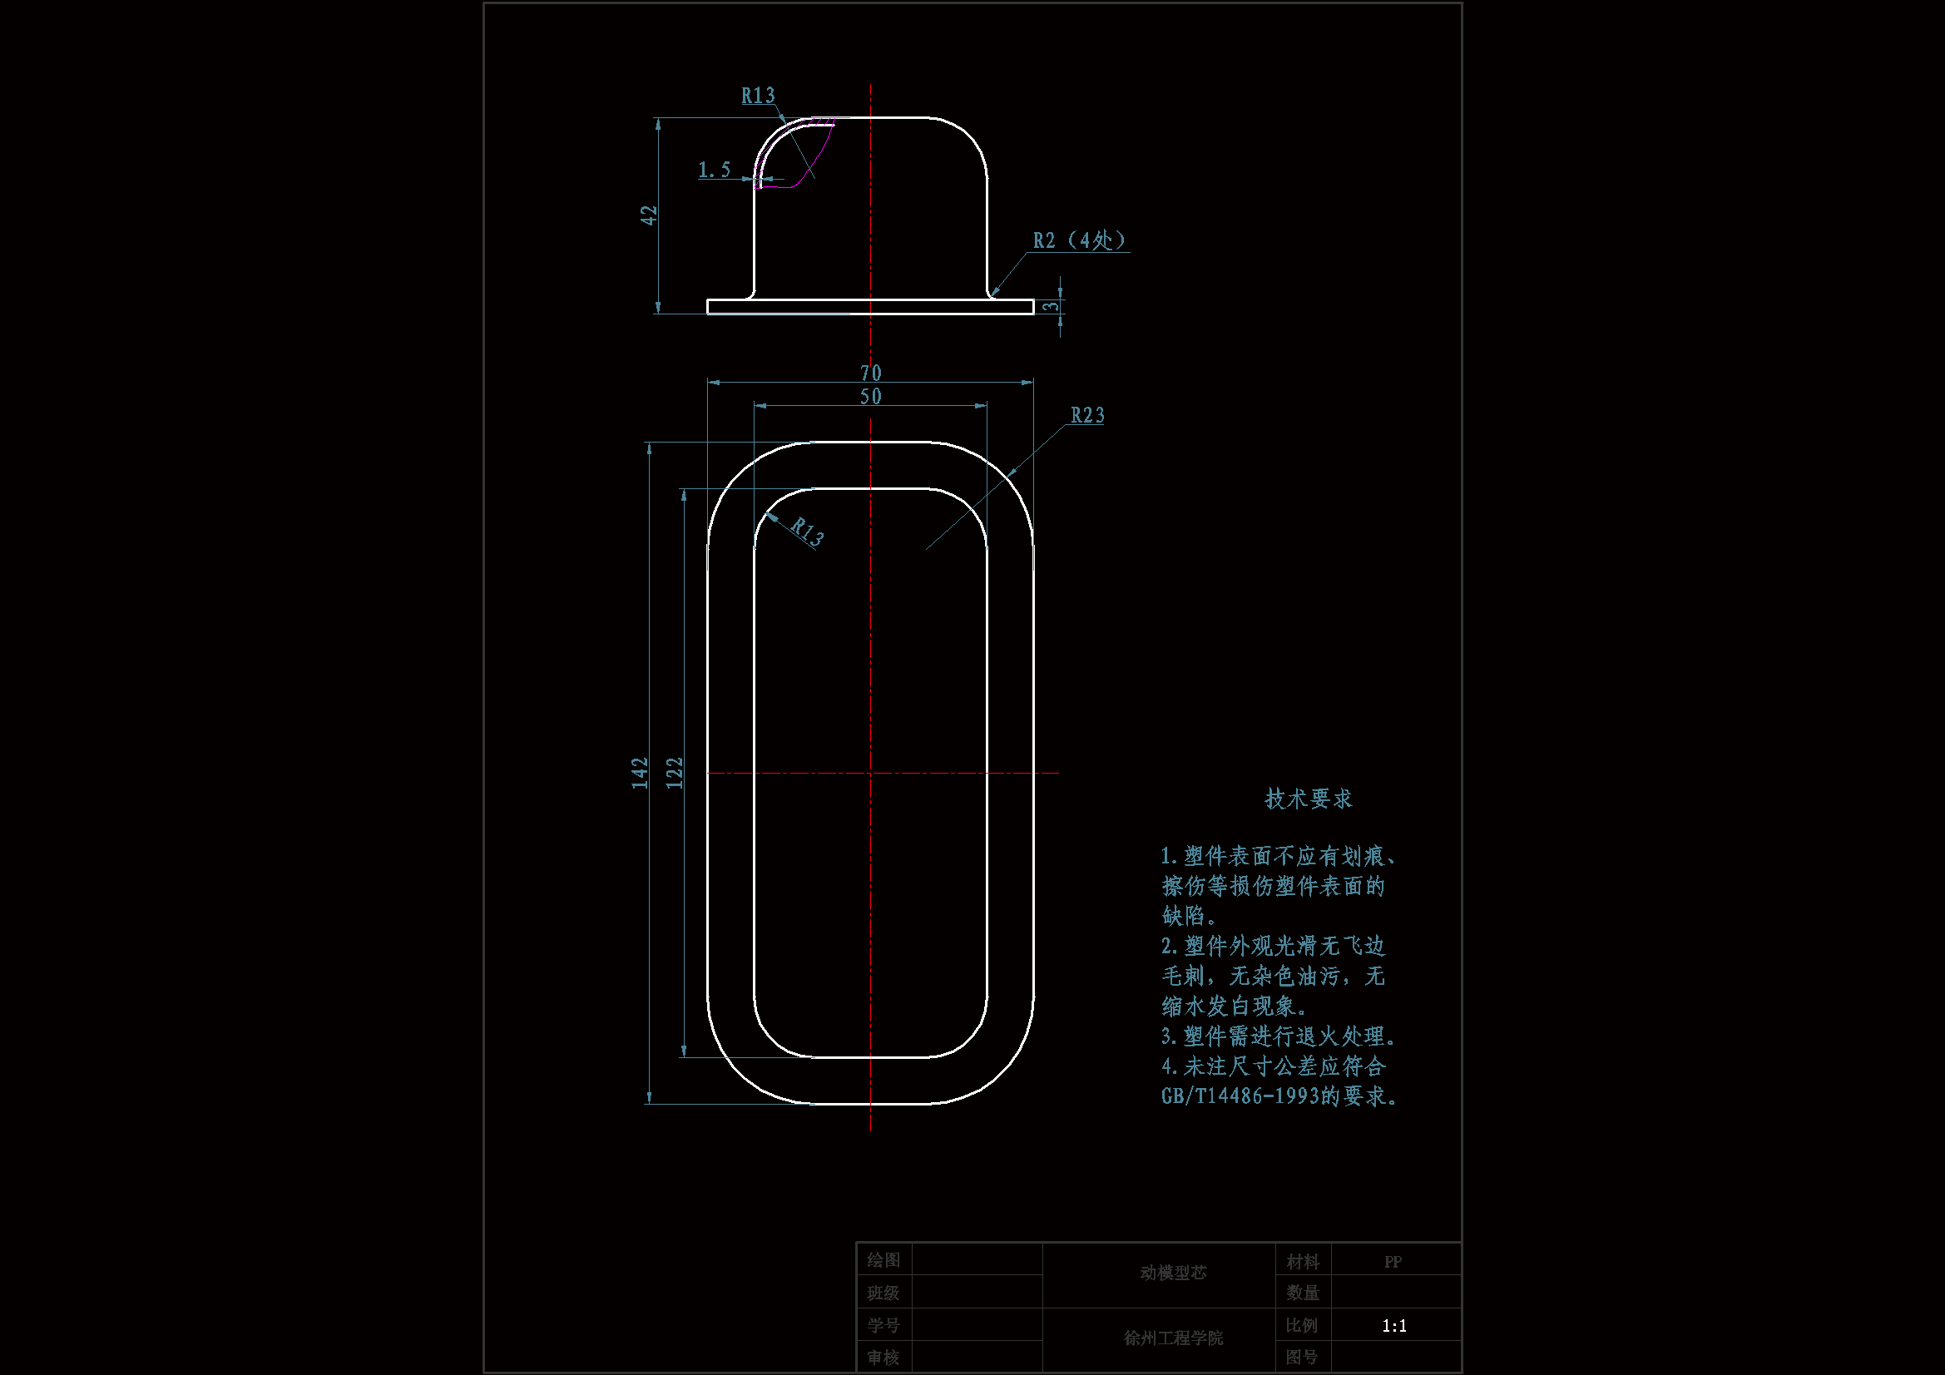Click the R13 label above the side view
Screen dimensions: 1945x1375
click(757, 96)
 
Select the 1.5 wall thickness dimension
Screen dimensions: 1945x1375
click(713, 171)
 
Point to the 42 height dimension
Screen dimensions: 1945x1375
click(649, 215)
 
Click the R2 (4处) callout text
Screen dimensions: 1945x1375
click(1078, 240)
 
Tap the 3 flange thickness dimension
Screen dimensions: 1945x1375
click(1051, 306)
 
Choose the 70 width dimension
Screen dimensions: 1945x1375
click(870, 373)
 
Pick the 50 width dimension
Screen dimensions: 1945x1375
click(870, 397)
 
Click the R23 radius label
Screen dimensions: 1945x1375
click(1086, 415)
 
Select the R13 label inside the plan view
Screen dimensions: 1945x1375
click(806, 532)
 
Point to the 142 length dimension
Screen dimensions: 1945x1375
click(640, 773)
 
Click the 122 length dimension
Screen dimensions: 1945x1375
click(675, 773)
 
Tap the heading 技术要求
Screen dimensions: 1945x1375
click(1308, 799)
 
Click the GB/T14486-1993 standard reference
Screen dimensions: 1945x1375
click(1240, 1096)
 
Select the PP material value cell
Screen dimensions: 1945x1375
click(1393, 1262)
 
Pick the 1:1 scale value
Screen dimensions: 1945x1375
click(1393, 1326)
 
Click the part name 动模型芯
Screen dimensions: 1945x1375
click(1172, 1273)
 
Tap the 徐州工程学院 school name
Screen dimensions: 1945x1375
click(1172, 1338)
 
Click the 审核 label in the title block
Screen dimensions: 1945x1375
click(883, 1358)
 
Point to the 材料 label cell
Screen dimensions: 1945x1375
click(1302, 1262)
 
